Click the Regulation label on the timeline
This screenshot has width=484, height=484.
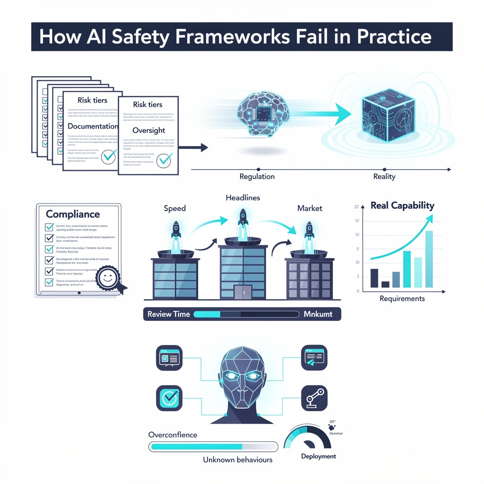(257, 176)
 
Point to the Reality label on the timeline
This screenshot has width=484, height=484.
(384, 176)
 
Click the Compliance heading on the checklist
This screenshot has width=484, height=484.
(73, 214)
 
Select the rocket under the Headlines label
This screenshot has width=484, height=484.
(243, 222)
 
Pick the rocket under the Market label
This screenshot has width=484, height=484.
(309, 232)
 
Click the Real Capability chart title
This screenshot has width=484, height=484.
(402, 206)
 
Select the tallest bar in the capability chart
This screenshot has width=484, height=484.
(429, 259)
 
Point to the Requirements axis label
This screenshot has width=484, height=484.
(402, 298)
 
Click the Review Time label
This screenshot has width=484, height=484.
(169, 314)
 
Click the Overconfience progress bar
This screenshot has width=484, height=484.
(213, 446)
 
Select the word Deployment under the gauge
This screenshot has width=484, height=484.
(319, 456)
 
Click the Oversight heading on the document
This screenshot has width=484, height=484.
(149, 130)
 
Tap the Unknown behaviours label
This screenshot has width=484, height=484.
(238, 459)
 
